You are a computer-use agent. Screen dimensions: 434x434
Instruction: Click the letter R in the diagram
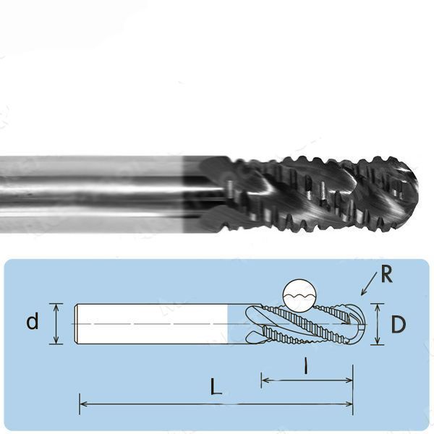[387, 274]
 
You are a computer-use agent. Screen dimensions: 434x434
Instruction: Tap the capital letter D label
[399, 324]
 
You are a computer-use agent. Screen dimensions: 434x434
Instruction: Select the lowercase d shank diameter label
[33, 321]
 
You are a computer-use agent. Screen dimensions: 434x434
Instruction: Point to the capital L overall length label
[216, 386]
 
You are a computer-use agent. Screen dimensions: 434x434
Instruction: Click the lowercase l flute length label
[305, 365]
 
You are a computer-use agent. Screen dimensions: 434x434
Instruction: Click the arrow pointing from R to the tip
[369, 284]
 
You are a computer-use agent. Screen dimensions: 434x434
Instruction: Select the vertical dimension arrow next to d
[56, 324]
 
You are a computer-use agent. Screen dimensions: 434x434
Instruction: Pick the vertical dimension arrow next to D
[378, 324]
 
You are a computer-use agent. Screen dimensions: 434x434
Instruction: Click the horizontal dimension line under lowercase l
[307, 380]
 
